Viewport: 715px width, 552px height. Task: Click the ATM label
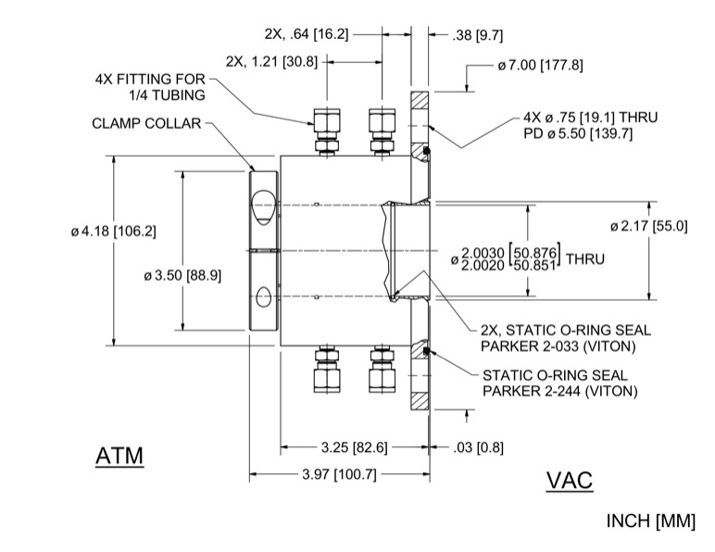click(120, 458)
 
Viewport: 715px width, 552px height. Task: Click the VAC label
click(570, 481)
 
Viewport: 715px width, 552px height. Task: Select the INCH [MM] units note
click(650, 521)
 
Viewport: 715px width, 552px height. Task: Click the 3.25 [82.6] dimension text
click(354, 449)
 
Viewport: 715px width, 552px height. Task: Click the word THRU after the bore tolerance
click(585, 259)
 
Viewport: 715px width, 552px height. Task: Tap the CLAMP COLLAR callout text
click(146, 124)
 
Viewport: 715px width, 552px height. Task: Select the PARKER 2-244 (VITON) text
click(560, 393)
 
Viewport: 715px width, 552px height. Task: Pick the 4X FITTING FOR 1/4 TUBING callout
click(150, 87)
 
